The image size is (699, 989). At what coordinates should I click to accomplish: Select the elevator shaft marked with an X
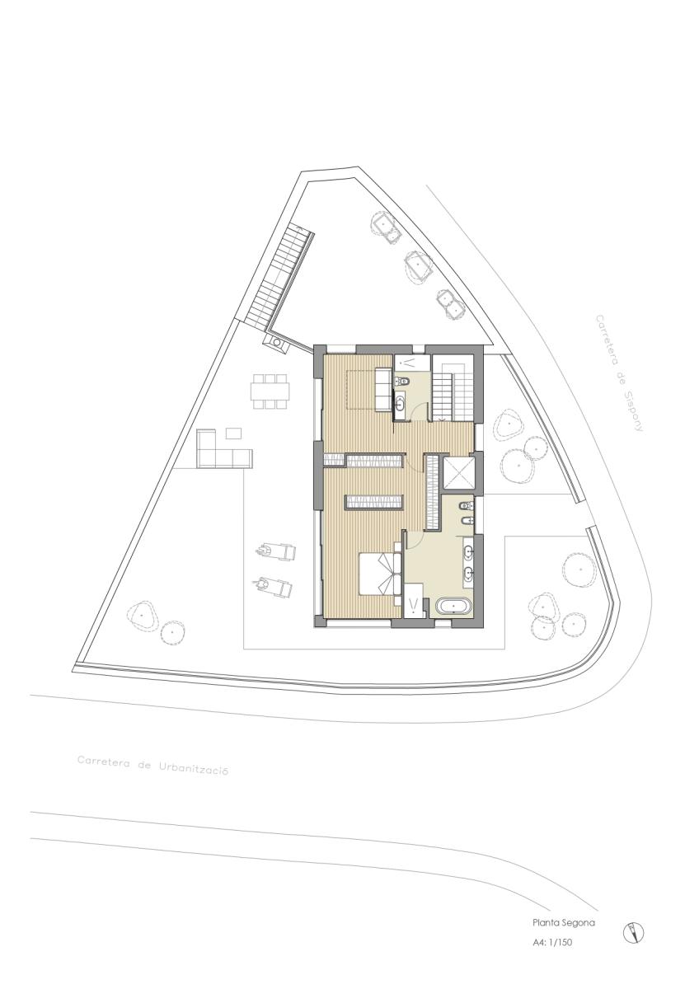(x=459, y=474)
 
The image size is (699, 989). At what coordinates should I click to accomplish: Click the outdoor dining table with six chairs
(x=270, y=391)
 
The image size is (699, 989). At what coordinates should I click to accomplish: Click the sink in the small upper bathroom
(x=401, y=403)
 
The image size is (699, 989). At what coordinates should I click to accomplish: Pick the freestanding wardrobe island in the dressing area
(x=373, y=502)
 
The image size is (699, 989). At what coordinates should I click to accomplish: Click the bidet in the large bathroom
(x=467, y=523)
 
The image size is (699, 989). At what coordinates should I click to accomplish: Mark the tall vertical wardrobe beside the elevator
(x=433, y=491)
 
